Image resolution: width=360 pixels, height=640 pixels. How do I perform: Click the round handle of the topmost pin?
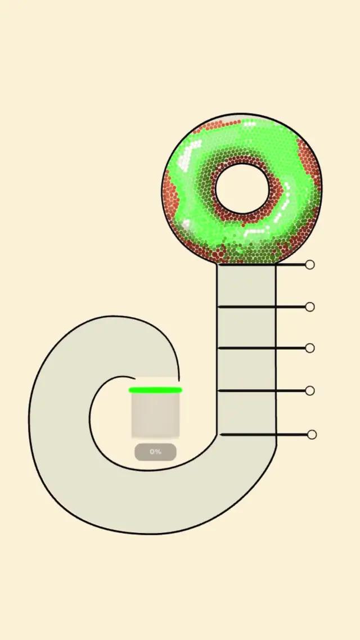tap(310, 265)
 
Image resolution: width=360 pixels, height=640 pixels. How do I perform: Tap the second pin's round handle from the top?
tap(310, 307)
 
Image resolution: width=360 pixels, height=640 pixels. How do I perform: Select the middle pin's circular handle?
tap(310, 348)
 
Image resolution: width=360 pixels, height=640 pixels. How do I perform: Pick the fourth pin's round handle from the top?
tap(310, 391)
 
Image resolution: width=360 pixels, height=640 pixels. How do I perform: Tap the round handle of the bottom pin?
tap(312, 435)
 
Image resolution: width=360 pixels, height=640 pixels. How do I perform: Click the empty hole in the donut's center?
tap(242, 188)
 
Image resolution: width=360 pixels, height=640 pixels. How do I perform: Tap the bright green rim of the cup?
tap(155, 390)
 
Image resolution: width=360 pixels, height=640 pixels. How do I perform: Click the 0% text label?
tap(155, 452)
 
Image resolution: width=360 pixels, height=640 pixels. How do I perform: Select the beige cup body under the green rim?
tap(155, 414)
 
